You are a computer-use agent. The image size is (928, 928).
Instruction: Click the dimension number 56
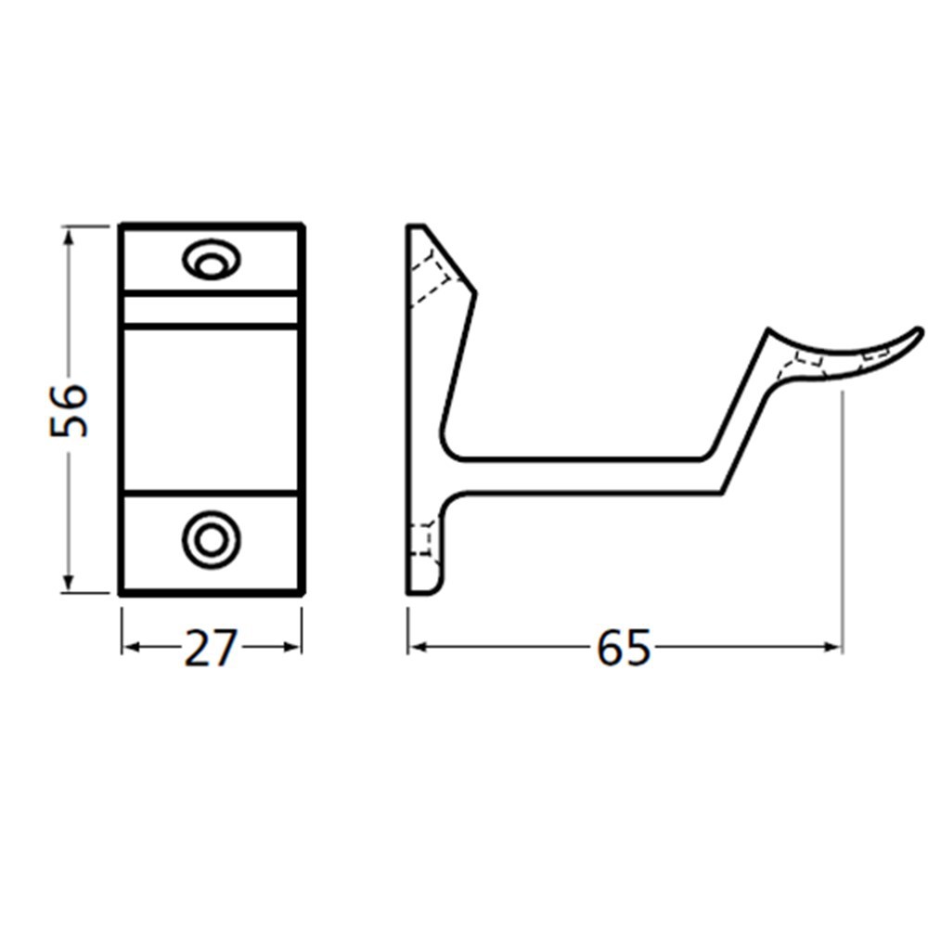click(x=70, y=409)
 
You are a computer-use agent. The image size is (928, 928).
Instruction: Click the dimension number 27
click(x=211, y=648)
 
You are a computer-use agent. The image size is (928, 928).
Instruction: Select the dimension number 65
click(x=624, y=648)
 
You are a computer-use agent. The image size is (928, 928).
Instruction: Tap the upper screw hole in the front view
click(x=212, y=260)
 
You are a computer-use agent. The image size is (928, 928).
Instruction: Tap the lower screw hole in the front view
click(x=211, y=538)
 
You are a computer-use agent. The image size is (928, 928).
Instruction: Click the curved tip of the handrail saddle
click(x=914, y=333)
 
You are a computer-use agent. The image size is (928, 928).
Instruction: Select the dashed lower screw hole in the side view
click(x=421, y=539)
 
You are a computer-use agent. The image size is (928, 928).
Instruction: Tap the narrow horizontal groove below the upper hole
click(x=211, y=309)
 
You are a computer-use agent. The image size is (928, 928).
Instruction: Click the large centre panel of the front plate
click(x=211, y=408)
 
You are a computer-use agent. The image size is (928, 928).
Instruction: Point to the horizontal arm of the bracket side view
click(x=575, y=474)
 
